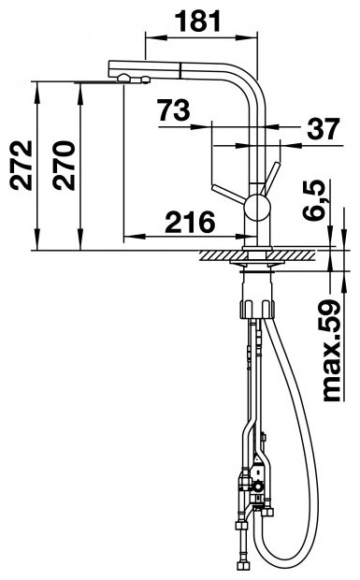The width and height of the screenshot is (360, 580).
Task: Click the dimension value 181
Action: tap(197, 21)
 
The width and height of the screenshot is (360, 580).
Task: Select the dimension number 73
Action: tap(173, 109)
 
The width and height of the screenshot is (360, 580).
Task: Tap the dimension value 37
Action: tap(323, 129)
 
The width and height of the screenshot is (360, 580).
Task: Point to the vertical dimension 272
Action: tap(22, 166)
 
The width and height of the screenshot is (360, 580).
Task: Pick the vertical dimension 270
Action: tap(64, 166)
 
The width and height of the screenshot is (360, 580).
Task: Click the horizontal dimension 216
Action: tap(190, 222)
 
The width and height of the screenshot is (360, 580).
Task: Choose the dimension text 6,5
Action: tap(314, 201)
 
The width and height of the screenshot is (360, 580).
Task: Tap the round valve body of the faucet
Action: tap(258, 208)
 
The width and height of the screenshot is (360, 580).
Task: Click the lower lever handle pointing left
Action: tap(228, 195)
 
